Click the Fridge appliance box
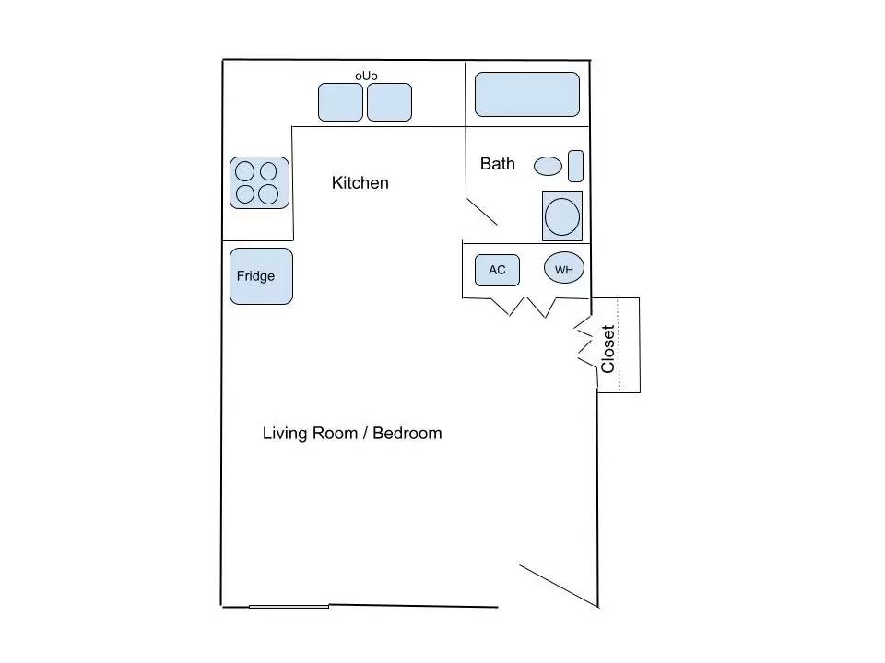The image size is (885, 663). (x=261, y=276)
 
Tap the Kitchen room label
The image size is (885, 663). (x=360, y=182)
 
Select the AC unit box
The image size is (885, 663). (x=497, y=270)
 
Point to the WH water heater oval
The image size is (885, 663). (x=564, y=268)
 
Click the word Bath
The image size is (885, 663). (x=497, y=164)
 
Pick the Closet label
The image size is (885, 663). (x=608, y=349)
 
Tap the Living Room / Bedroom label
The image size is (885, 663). (x=352, y=433)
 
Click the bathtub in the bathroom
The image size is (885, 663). (x=527, y=94)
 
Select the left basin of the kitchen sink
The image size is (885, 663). (x=340, y=102)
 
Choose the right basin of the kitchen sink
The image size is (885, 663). (x=389, y=102)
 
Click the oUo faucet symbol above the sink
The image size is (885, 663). (x=366, y=76)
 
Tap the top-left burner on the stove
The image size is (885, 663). (x=244, y=171)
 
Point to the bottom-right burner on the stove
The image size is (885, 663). (x=268, y=194)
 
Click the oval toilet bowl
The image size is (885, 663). (x=548, y=166)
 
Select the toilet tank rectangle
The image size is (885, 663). (x=575, y=167)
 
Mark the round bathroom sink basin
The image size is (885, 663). (x=562, y=216)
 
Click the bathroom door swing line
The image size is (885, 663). (x=481, y=210)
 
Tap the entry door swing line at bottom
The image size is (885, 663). (x=559, y=586)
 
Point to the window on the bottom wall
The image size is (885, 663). (x=289, y=607)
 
